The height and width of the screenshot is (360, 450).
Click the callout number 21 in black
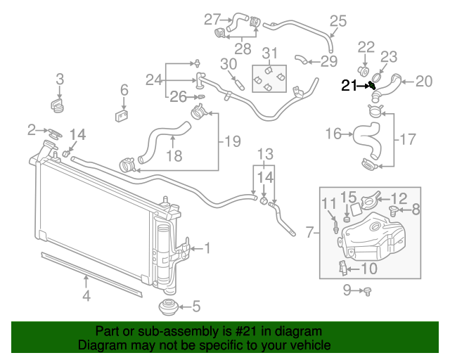click(x=349, y=86)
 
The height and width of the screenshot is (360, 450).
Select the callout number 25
click(x=337, y=21)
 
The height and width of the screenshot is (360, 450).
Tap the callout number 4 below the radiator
click(x=86, y=296)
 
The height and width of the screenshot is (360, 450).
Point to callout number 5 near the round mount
click(x=195, y=306)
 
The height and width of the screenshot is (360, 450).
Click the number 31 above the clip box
click(x=271, y=53)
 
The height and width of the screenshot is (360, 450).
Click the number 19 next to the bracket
click(x=233, y=141)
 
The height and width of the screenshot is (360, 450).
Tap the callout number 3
click(x=60, y=79)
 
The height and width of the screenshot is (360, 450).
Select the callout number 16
click(x=333, y=133)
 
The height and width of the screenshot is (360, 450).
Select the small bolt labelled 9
click(x=367, y=290)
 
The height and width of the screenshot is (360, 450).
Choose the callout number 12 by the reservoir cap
click(x=399, y=198)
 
